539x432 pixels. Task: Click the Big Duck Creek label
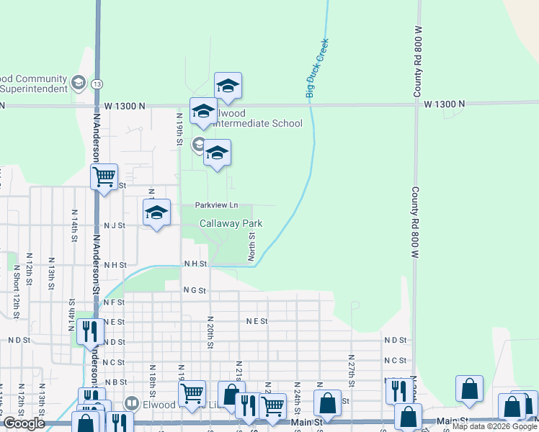tap(317, 68)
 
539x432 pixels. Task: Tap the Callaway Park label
tap(231, 224)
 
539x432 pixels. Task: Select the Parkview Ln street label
tap(216, 206)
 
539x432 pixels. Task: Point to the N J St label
tap(115, 225)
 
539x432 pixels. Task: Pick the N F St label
tap(115, 302)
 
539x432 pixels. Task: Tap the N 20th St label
tap(210, 332)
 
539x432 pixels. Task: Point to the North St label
tap(252, 246)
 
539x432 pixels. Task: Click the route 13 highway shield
tap(97, 84)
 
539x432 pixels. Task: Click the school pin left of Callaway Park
tap(156, 213)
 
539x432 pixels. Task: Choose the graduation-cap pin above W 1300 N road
tap(228, 86)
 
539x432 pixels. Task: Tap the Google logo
tap(24, 423)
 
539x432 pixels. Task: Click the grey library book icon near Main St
tap(131, 403)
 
